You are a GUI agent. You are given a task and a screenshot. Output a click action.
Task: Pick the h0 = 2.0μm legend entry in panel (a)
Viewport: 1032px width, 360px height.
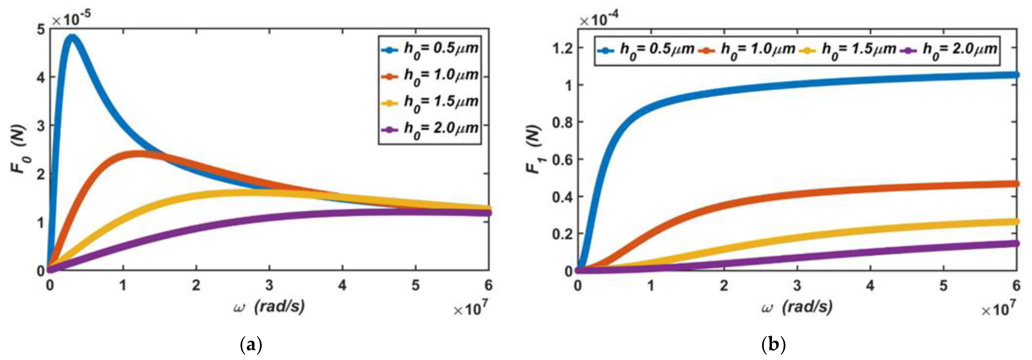point(429,129)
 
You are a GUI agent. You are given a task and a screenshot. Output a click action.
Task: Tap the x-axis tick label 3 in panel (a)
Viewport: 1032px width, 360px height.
point(269,286)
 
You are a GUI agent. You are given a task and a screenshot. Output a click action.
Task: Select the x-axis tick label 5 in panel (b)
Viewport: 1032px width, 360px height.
point(944,286)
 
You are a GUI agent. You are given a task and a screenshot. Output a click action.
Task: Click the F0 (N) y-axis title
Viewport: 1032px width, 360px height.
point(18,149)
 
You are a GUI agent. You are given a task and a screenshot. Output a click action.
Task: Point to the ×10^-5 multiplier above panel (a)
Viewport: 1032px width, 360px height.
point(71,18)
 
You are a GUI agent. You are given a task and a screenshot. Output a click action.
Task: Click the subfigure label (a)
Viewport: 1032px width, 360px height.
point(251,344)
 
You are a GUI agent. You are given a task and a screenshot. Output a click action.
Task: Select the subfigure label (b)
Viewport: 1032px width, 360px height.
point(773,344)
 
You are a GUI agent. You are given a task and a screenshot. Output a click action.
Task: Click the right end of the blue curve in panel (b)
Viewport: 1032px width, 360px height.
point(1016,75)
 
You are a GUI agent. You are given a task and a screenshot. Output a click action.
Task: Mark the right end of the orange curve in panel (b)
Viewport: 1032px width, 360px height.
point(1016,184)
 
